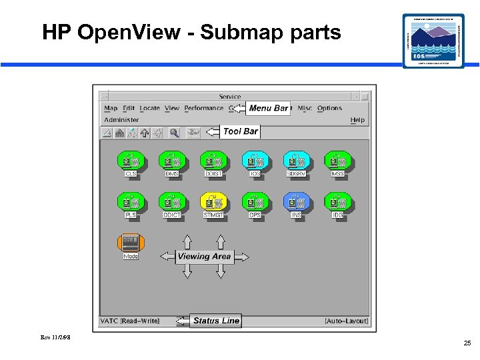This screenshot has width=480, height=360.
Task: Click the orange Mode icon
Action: click(x=131, y=242)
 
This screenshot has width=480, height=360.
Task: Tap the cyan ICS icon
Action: click(x=255, y=160)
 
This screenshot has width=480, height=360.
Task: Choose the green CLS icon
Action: click(x=131, y=160)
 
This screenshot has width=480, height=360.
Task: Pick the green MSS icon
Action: click(x=338, y=160)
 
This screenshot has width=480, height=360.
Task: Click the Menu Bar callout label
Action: click(x=269, y=108)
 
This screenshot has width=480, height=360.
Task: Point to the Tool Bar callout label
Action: click(x=241, y=131)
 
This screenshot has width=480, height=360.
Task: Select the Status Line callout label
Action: click(x=216, y=321)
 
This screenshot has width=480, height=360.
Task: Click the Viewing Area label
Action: click(x=205, y=256)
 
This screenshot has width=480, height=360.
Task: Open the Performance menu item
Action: click(x=204, y=108)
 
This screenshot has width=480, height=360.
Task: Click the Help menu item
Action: click(x=357, y=120)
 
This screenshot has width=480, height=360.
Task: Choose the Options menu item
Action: click(x=329, y=108)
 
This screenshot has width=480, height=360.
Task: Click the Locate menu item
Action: click(x=150, y=108)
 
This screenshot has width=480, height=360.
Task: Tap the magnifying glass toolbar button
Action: click(x=174, y=133)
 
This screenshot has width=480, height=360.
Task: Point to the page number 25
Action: click(x=467, y=343)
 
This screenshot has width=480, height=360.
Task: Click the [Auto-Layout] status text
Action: click(x=346, y=321)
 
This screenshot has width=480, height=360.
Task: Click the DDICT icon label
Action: click(x=172, y=215)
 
